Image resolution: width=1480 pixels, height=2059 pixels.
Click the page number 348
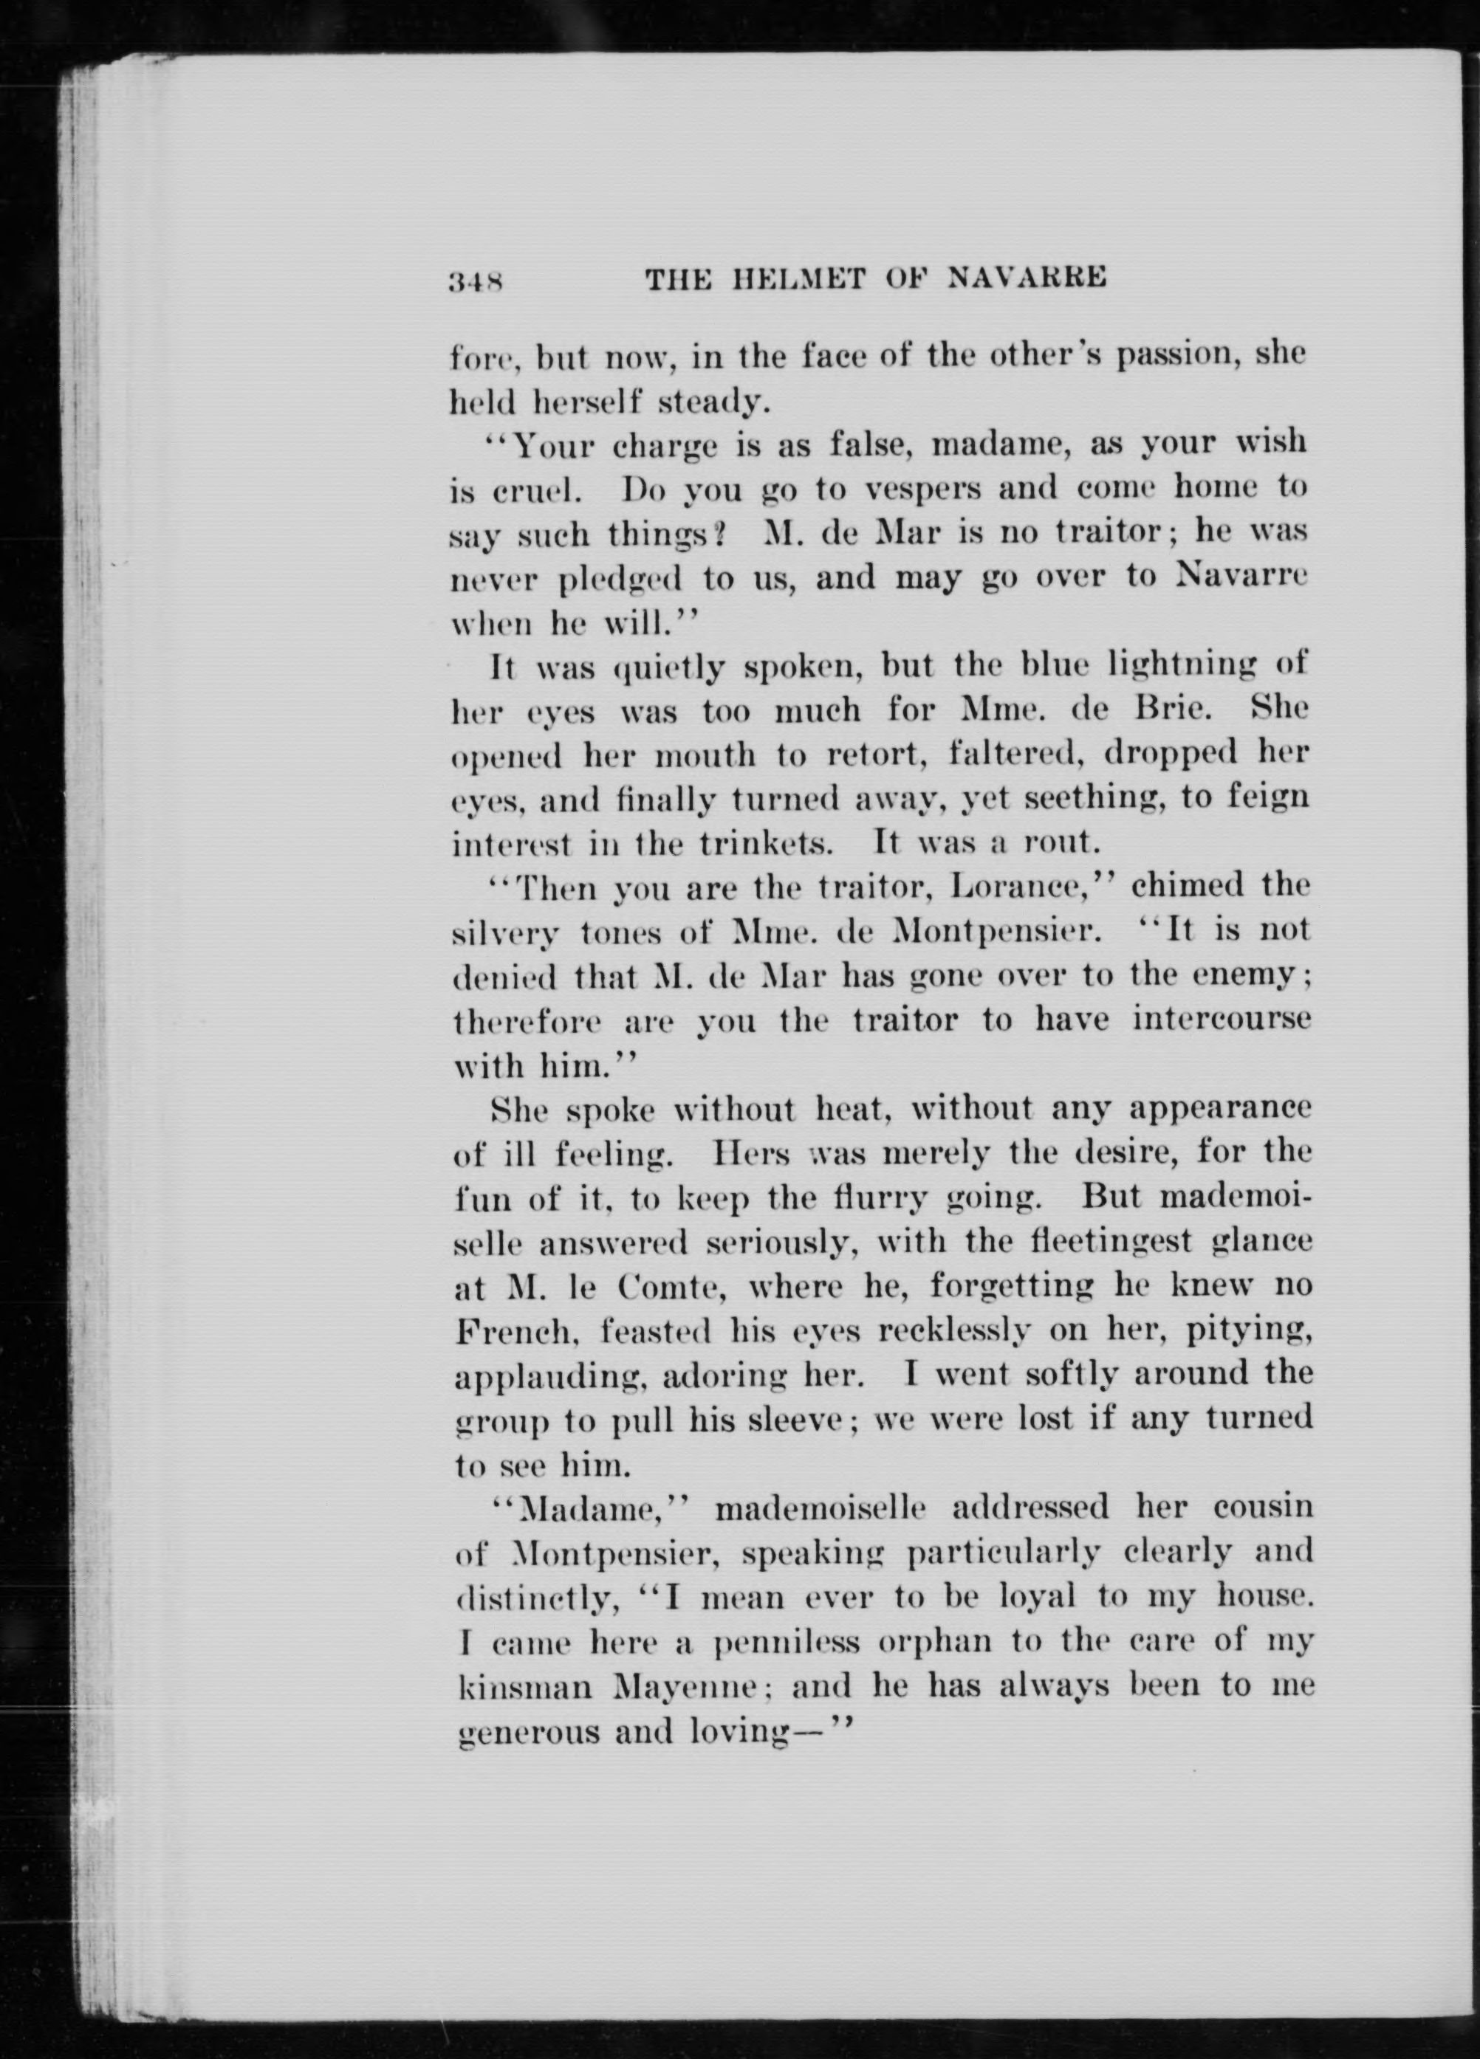476,281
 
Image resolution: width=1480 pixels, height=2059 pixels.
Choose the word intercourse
1222,1020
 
